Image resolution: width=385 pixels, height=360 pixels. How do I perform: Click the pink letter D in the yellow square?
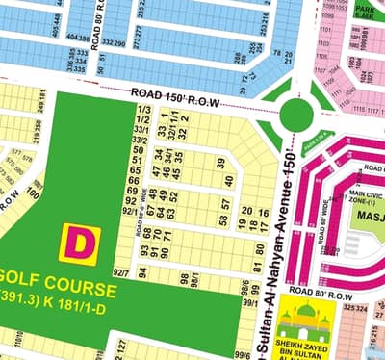(x=80, y=242)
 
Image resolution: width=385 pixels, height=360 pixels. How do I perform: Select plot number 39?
(x=220, y=163)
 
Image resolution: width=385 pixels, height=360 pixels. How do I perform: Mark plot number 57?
(x=226, y=204)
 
